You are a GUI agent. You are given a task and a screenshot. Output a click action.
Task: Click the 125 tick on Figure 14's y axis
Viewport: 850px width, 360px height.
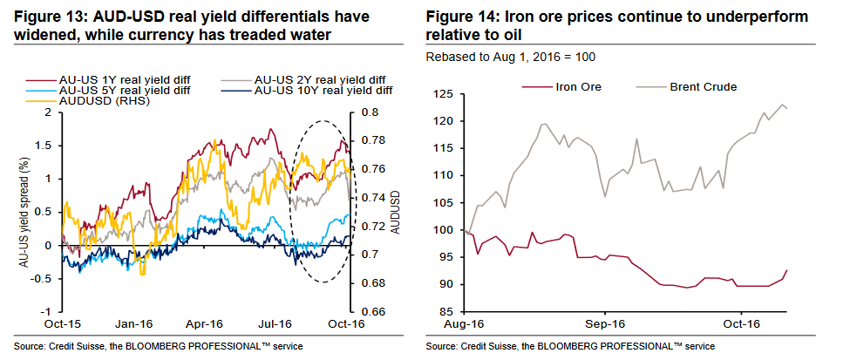pos(447,93)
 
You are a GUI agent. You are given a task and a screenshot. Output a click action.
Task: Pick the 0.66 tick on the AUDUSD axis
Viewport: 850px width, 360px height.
pos(370,312)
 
